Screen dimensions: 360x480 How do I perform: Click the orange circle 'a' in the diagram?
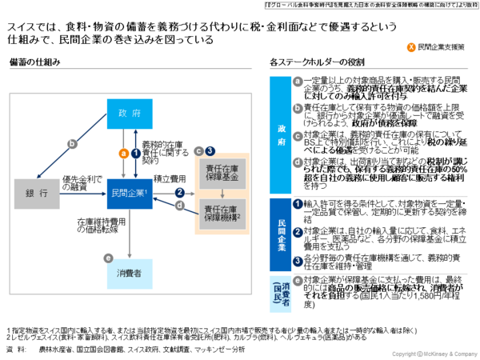[123, 152]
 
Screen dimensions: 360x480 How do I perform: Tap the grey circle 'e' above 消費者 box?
[108, 258]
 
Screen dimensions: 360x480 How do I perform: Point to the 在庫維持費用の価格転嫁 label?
[96, 224]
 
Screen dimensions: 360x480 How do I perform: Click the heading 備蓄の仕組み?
[31, 62]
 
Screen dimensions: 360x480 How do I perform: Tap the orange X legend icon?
[410, 48]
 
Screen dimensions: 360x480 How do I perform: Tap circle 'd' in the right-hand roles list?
[298, 161]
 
